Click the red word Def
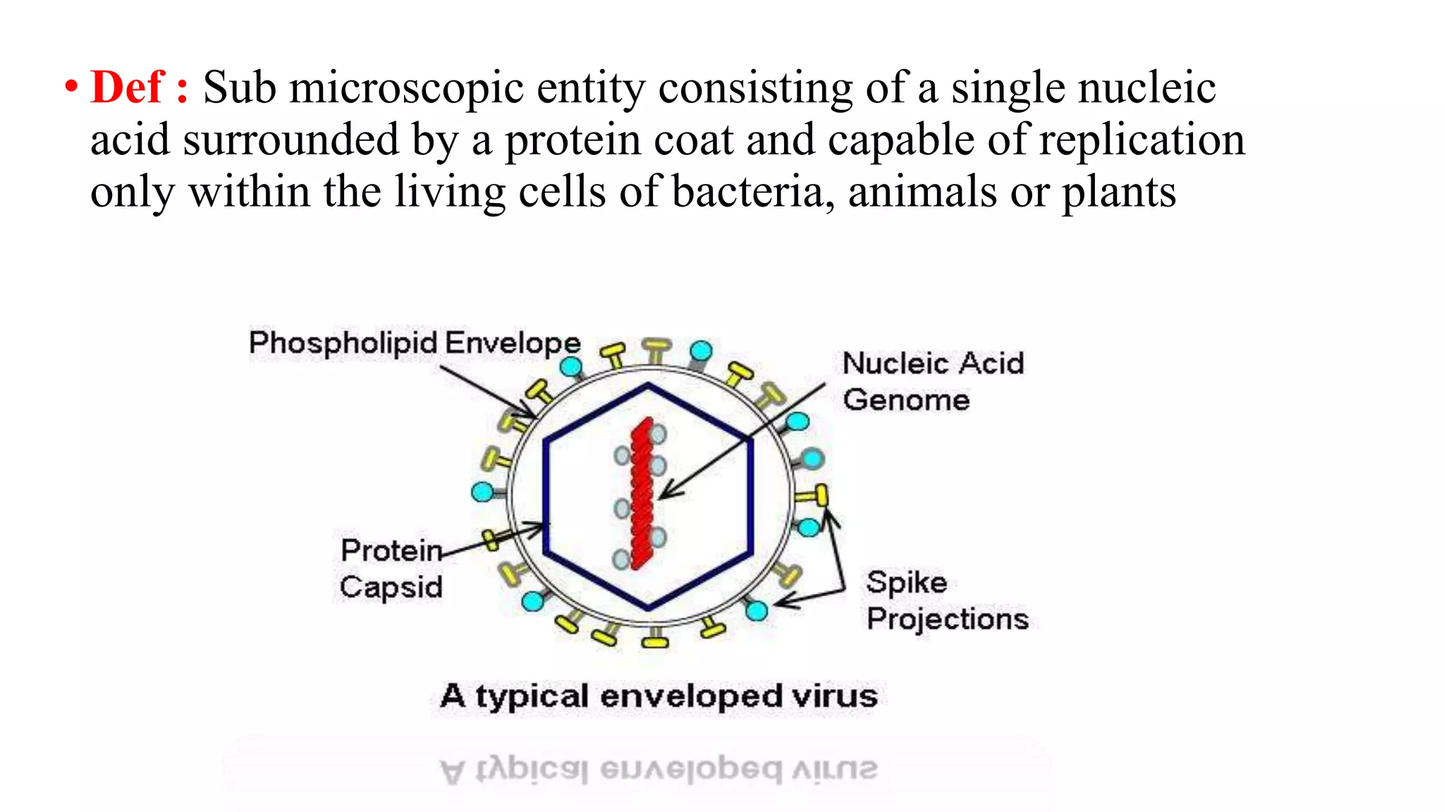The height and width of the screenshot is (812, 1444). pos(127,87)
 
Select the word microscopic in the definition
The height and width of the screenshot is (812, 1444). pos(406,89)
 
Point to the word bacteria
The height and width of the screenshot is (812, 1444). pos(747,192)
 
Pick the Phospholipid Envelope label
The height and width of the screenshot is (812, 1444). pos(415,343)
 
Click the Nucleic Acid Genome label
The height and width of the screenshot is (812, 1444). pos(932,381)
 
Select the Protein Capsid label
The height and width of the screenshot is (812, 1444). pos(391,568)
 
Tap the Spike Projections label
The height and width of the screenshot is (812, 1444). pos(947,601)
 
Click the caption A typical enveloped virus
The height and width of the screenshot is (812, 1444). pos(659,696)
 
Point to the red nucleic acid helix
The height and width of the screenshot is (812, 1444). pos(642,493)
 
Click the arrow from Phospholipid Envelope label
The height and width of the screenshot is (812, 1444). pos(487,391)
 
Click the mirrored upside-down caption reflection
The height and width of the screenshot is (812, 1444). pos(659,770)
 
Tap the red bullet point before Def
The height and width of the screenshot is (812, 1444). pos(71,87)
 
